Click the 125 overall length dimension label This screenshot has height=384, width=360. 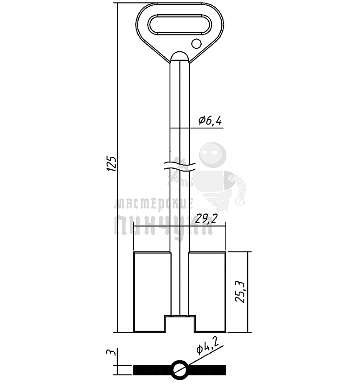(x=112, y=163)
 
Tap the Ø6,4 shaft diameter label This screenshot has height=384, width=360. (x=211, y=121)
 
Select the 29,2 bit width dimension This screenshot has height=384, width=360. (x=206, y=219)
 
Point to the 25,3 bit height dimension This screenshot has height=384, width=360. (x=240, y=292)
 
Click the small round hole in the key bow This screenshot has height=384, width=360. (x=196, y=44)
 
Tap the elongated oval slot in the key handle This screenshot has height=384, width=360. (x=180, y=25)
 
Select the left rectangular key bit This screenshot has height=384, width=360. (x=152, y=292)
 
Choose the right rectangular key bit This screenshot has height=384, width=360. (x=207, y=292)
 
